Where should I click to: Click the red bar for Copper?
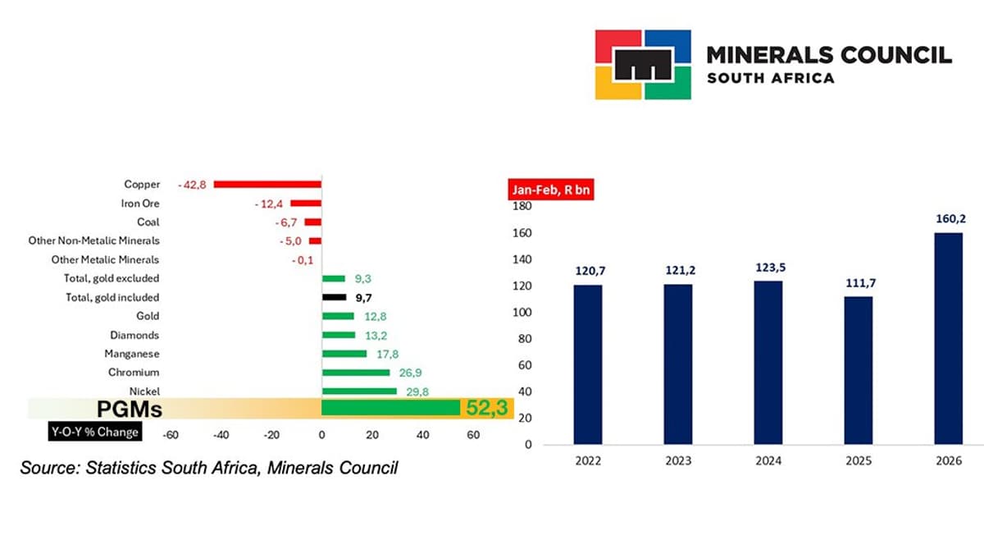pos(267,185)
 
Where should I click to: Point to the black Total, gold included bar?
pos(334,297)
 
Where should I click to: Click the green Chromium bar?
pos(355,373)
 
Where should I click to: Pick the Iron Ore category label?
pos(140,204)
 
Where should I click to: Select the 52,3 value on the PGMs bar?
pos(487,408)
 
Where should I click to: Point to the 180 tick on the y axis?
pos(522,207)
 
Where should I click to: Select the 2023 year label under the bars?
pos(679,461)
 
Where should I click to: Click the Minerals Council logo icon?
pos(642,65)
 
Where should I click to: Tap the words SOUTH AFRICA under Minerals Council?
pos(770,78)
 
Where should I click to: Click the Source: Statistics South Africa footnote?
pos(209,468)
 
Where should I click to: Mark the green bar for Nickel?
pos(358,391)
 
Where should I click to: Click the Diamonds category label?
pos(134,335)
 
